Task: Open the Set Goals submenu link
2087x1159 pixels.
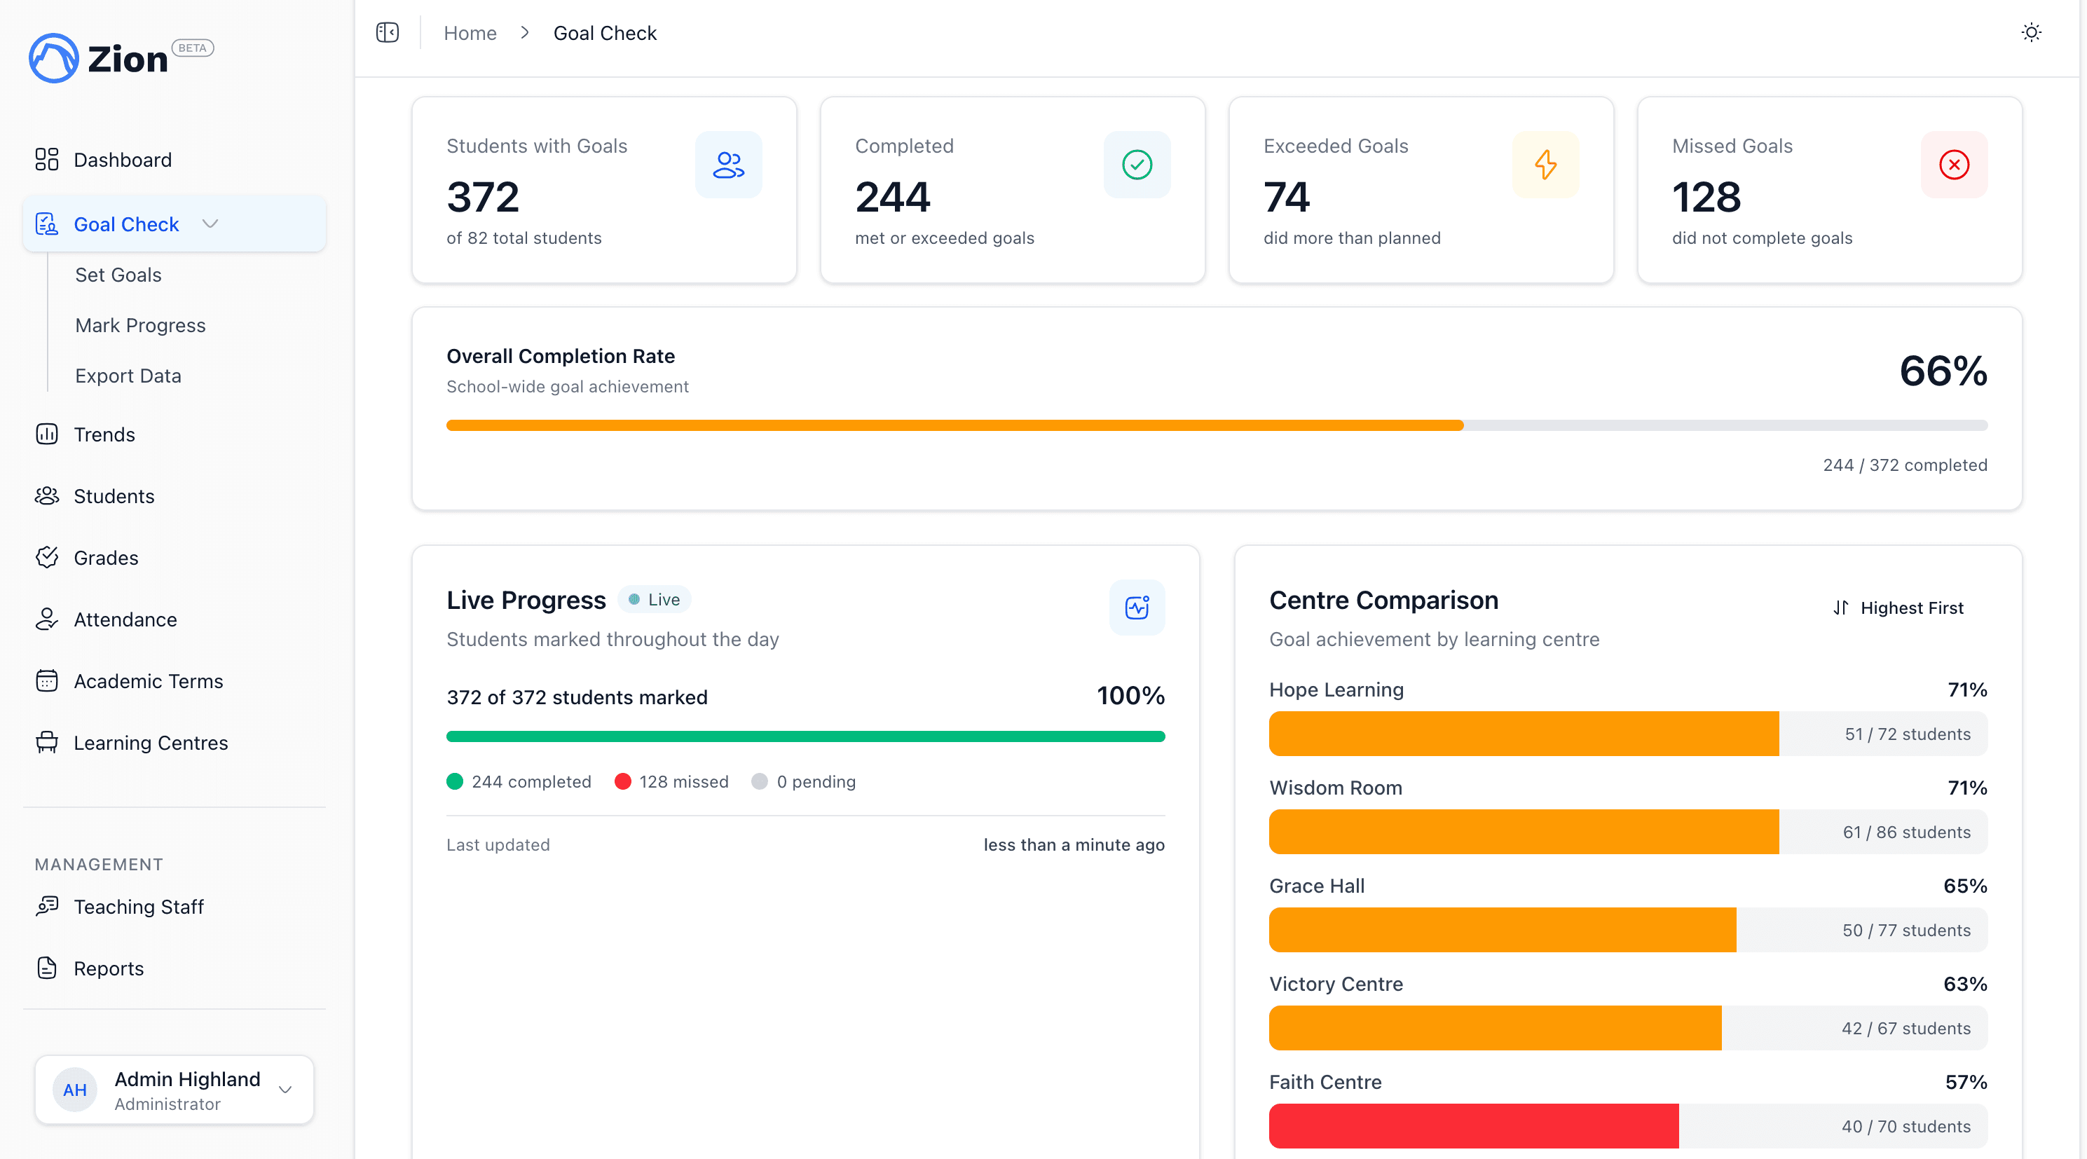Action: pos(118,275)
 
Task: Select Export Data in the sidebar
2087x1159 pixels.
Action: pos(128,376)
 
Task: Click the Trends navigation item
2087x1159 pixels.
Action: pos(104,434)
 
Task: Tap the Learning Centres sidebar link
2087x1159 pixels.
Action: pos(151,743)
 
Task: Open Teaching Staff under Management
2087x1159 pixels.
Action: pos(139,906)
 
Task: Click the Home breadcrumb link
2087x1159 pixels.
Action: pos(470,33)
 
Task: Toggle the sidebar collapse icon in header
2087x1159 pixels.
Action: pos(388,32)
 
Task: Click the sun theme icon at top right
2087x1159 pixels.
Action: pos(2030,32)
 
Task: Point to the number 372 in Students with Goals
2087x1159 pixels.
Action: pos(483,197)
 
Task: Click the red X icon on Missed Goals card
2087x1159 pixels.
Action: pos(1953,165)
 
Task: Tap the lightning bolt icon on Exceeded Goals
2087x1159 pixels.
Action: pos(1545,165)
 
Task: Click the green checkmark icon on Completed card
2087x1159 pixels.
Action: pos(1137,165)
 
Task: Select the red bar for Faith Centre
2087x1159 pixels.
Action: pos(1473,1126)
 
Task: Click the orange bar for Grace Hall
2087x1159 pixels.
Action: pos(1501,930)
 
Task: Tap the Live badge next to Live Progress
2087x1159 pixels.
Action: pos(655,599)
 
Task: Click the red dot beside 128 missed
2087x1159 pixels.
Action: pos(622,781)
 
